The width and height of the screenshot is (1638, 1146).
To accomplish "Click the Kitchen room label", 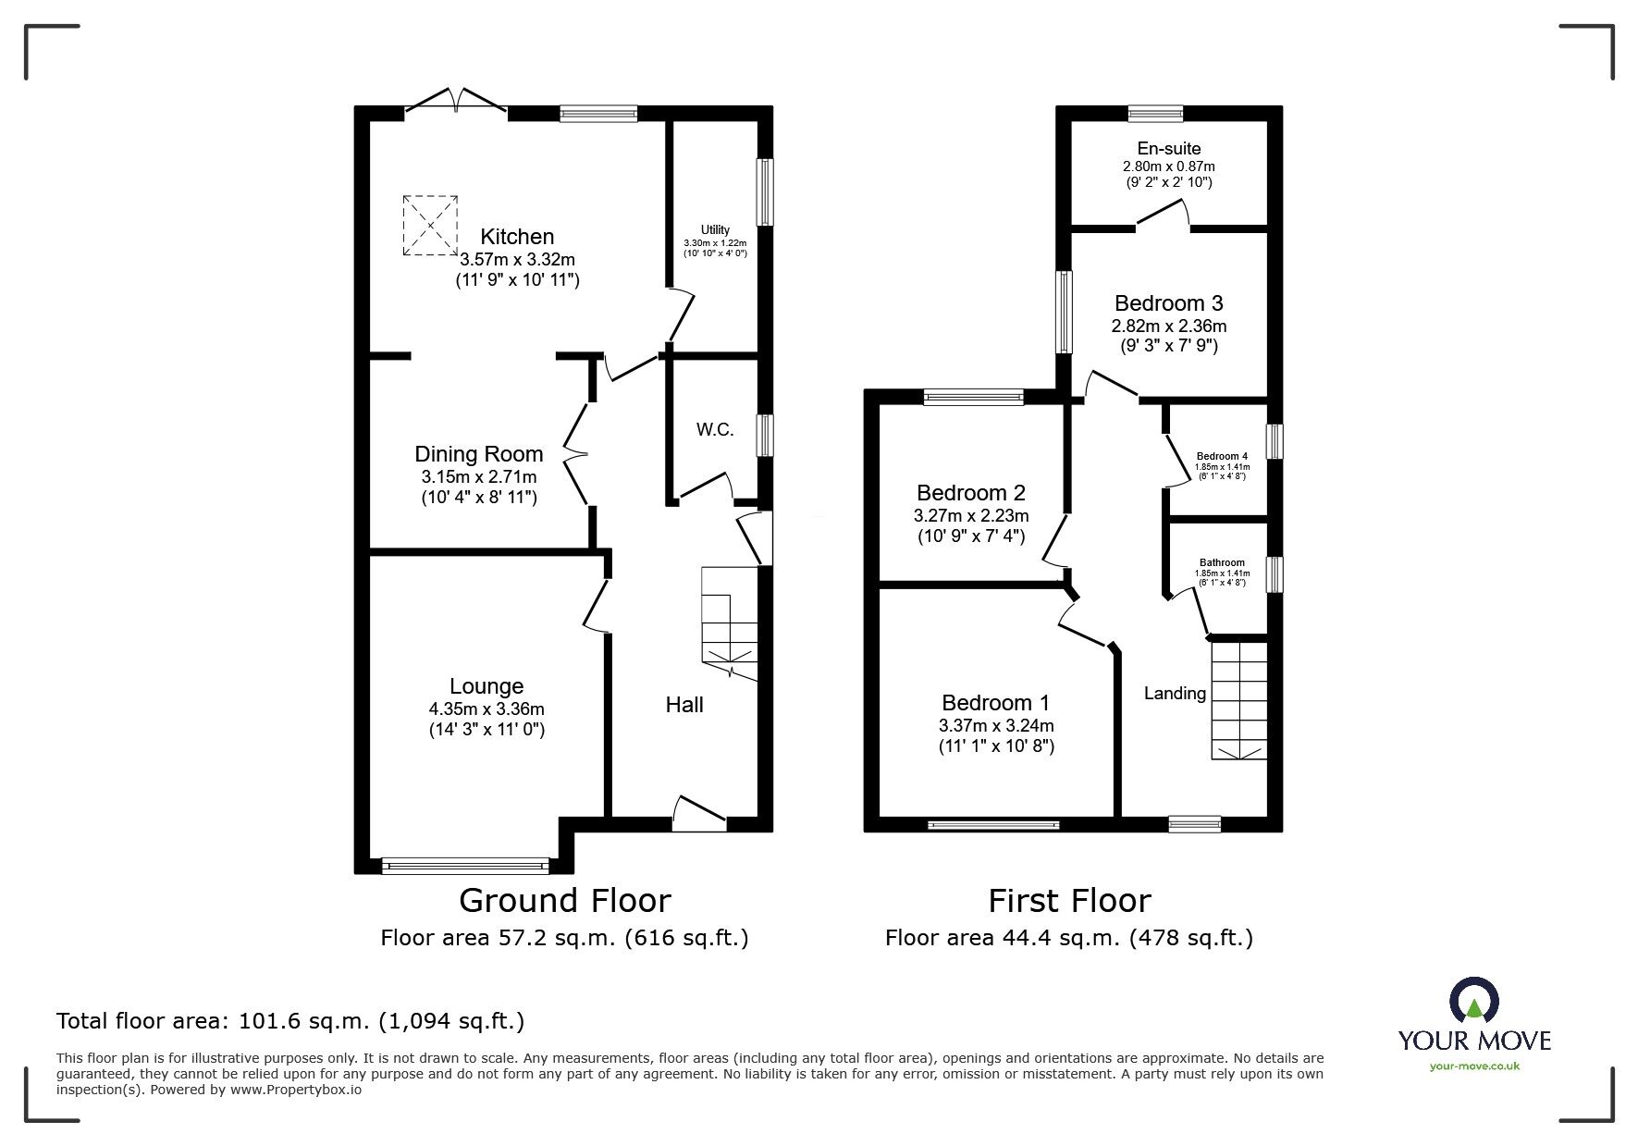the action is click(517, 237).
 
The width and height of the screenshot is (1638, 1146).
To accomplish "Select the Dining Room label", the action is click(478, 454).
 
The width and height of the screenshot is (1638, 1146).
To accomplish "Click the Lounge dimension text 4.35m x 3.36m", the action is click(486, 709).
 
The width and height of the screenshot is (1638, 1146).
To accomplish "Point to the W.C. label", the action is click(715, 429).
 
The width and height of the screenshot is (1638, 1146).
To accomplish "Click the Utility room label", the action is click(715, 229).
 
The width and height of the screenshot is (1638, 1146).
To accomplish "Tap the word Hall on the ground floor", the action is click(684, 705).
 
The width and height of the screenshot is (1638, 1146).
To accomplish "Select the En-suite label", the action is click(1169, 148).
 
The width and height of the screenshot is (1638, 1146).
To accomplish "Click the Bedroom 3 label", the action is click(1169, 302).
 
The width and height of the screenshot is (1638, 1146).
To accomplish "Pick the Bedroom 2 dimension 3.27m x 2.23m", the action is click(971, 516).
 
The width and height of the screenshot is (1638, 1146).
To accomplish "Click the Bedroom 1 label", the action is click(996, 703).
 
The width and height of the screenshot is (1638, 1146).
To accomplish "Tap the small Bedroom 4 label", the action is click(1222, 456).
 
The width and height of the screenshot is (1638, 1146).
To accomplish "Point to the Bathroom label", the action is click(1222, 562).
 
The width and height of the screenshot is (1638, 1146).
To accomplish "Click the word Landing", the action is click(1176, 694).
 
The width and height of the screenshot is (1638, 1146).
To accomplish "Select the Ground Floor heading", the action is click(565, 900).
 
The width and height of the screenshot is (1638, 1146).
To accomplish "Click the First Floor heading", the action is click(1069, 900).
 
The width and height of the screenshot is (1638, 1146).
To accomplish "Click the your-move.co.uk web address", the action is click(1474, 1066).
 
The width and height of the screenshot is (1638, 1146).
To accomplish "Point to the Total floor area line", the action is click(290, 1021).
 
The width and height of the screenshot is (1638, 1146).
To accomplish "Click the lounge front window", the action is click(465, 866).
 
